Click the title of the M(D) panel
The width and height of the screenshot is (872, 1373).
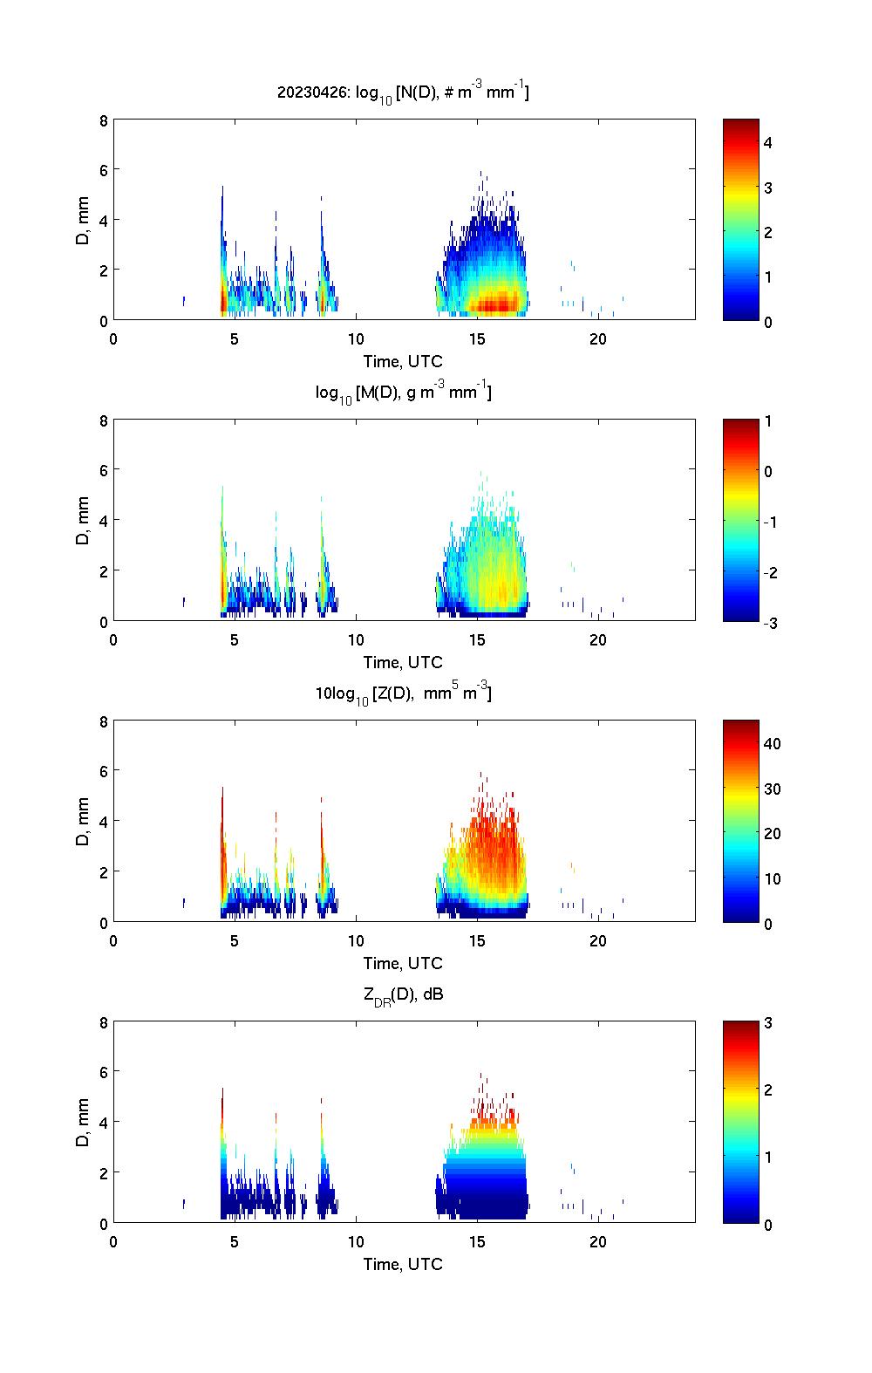(403, 393)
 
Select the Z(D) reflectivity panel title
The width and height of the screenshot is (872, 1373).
(403, 693)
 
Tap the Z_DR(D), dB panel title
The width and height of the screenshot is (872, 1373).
(403, 994)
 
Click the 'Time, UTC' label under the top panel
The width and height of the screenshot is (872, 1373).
(403, 361)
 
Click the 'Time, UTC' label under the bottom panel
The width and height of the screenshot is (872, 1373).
(403, 1264)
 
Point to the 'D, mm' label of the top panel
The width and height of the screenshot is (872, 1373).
(84, 221)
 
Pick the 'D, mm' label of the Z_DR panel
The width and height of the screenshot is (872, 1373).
(84, 1124)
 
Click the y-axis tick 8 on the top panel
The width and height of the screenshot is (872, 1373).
(103, 120)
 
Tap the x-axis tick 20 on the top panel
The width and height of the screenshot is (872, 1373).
(597, 338)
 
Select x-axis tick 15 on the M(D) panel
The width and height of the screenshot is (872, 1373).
(477, 639)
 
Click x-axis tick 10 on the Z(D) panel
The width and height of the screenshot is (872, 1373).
(356, 940)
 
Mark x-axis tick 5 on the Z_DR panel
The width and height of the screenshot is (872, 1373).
(235, 1241)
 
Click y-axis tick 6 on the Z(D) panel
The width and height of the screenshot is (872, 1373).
(103, 771)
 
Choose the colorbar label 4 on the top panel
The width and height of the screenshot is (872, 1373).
(768, 142)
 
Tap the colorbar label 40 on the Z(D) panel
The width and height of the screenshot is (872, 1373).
(772, 743)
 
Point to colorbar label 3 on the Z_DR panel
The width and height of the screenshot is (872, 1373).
(768, 1023)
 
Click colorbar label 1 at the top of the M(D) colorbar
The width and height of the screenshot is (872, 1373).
(768, 421)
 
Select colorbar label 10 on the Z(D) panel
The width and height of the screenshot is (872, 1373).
(772, 878)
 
